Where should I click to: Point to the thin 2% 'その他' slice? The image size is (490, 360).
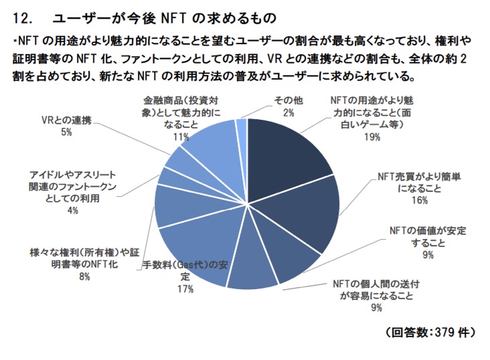click(x=242, y=127)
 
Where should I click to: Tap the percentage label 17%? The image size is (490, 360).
click(x=185, y=288)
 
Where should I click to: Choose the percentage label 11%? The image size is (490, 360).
click(x=181, y=137)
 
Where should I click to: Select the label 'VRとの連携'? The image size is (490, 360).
click(x=66, y=121)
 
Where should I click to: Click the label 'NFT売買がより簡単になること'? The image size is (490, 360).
click(x=419, y=182)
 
